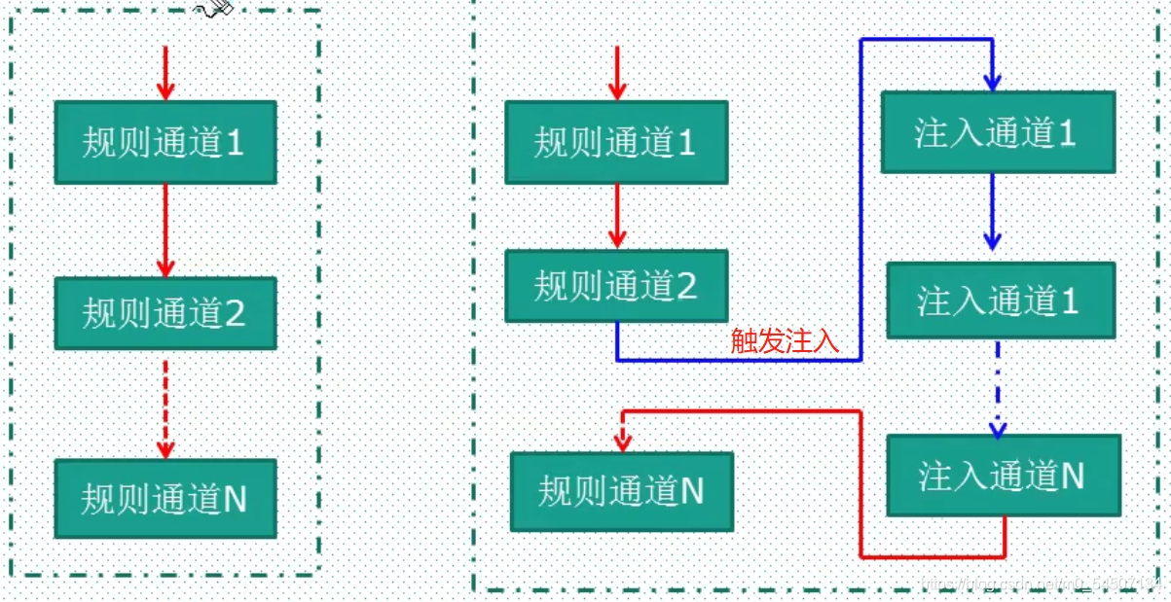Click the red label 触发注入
coord(785,341)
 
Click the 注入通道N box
coord(1004,476)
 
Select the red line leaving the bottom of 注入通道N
coord(1004,537)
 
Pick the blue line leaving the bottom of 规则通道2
coord(617,341)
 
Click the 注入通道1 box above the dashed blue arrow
coord(1000,301)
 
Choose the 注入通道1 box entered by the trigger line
coord(997,133)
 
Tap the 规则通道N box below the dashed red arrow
coord(165,499)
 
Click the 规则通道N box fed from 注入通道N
coord(622,491)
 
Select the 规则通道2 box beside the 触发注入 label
coord(616,286)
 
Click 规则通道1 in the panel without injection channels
coord(165,143)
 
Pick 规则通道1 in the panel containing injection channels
coord(616,142)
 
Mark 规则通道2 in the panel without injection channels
coord(165,313)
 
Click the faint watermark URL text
coord(1042,583)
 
